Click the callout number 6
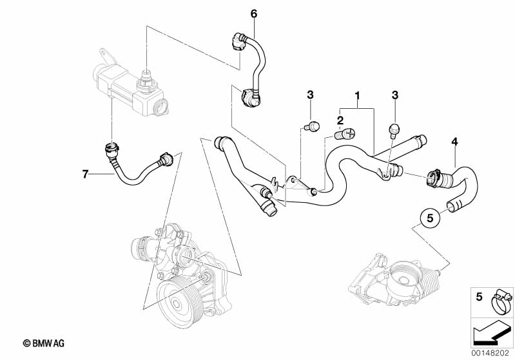pyautogui.click(x=253, y=14)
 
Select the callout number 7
pyautogui.click(x=84, y=173)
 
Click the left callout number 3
pyautogui.click(x=310, y=95)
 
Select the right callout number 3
pyautogui.click(x=395, y=95)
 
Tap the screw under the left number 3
pyautogui.click(x=312, y=126)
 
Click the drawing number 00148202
pyautogui.click(x=492, y=353)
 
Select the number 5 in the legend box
pyautogui.click(x=478, y=298)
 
